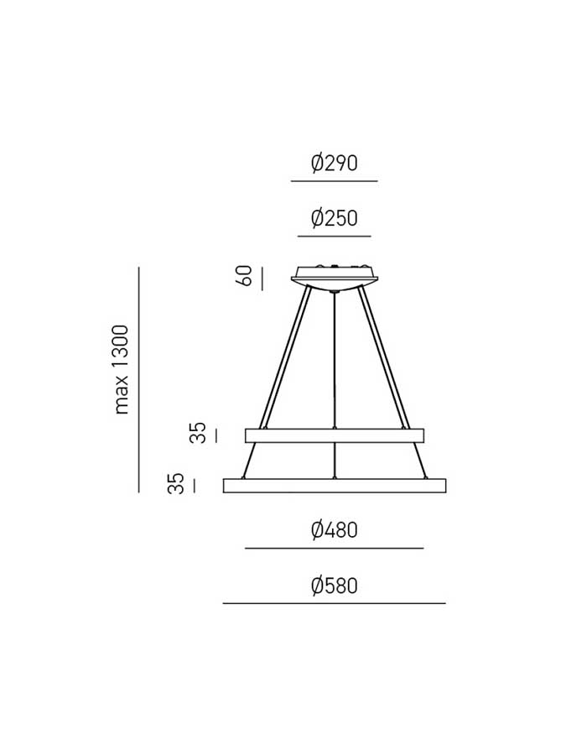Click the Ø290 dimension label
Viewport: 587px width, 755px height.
click(x=335, y=164)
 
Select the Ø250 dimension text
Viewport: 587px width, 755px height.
click(x=335, y=218)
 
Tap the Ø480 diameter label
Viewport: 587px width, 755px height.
click(x=335, y=530)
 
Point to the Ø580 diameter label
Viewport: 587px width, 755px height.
click(x=335, y=586)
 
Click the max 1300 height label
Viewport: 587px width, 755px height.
click(x=122, y=369)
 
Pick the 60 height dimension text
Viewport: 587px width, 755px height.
click(x=245, y=275)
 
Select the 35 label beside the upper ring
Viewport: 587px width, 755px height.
click(x=199, y=432)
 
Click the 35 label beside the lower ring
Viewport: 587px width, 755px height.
click(x=177, y=483)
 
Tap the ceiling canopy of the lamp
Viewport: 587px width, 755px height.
click(x=335, y=278)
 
